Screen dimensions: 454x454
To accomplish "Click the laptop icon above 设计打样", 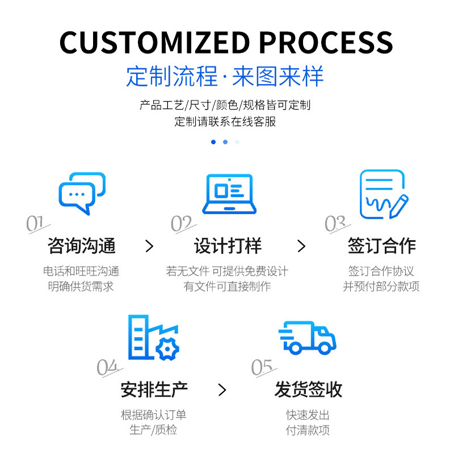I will click(x=229, y=193).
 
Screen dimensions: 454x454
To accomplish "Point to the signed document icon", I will click(x=383, y=194).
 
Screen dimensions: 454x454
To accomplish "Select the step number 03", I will click(x=335, y=225).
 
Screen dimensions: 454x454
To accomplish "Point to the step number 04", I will click(x=108, y=368).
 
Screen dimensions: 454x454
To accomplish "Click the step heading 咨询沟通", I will click(x=82, y=246).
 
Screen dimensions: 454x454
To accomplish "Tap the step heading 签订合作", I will click(x=381, y=246).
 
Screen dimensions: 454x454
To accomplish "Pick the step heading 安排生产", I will click(x=154, y=390).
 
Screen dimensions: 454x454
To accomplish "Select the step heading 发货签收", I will click(x=308, y=390).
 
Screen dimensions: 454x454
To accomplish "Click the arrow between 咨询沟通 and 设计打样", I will click(x=149, y=246).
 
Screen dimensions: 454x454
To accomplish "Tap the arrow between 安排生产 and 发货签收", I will click(x=222, y=390).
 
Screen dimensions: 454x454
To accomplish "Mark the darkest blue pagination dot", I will click(x=213, y=142).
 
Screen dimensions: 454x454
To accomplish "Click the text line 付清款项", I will click(x=308, y=430).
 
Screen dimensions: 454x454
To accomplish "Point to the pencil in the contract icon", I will click(x=400, y=203).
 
